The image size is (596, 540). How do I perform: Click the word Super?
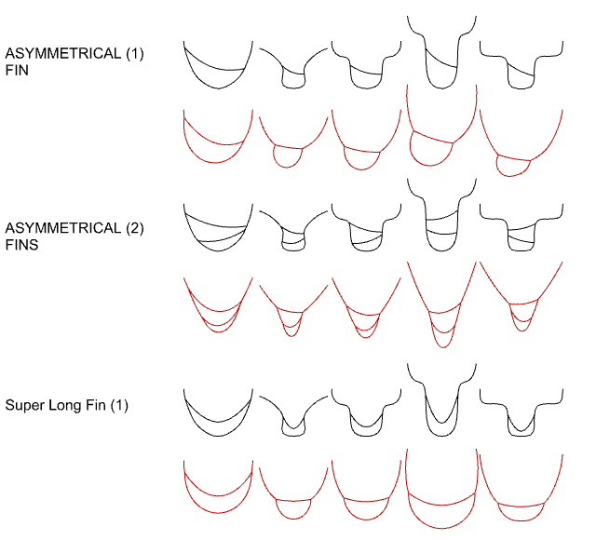click(22, 405)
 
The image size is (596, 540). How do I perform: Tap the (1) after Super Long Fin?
click(119, 405)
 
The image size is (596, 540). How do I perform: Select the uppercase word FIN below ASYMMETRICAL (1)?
click(18, 71)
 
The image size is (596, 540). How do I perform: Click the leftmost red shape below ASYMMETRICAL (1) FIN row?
click(217, 140)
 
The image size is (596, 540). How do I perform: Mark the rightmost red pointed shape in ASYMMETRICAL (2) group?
click(521, 298)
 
